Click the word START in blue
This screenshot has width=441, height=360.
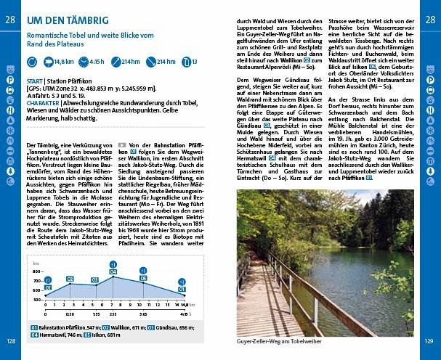pos(33,80)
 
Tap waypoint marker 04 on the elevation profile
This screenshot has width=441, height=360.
pos(113,272)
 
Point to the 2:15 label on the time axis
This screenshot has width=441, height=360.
pos(113,314)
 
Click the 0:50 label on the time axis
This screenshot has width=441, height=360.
pos(70,314)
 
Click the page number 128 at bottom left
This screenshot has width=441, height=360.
pos(11,340)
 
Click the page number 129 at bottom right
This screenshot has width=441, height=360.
pos(429,340)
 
